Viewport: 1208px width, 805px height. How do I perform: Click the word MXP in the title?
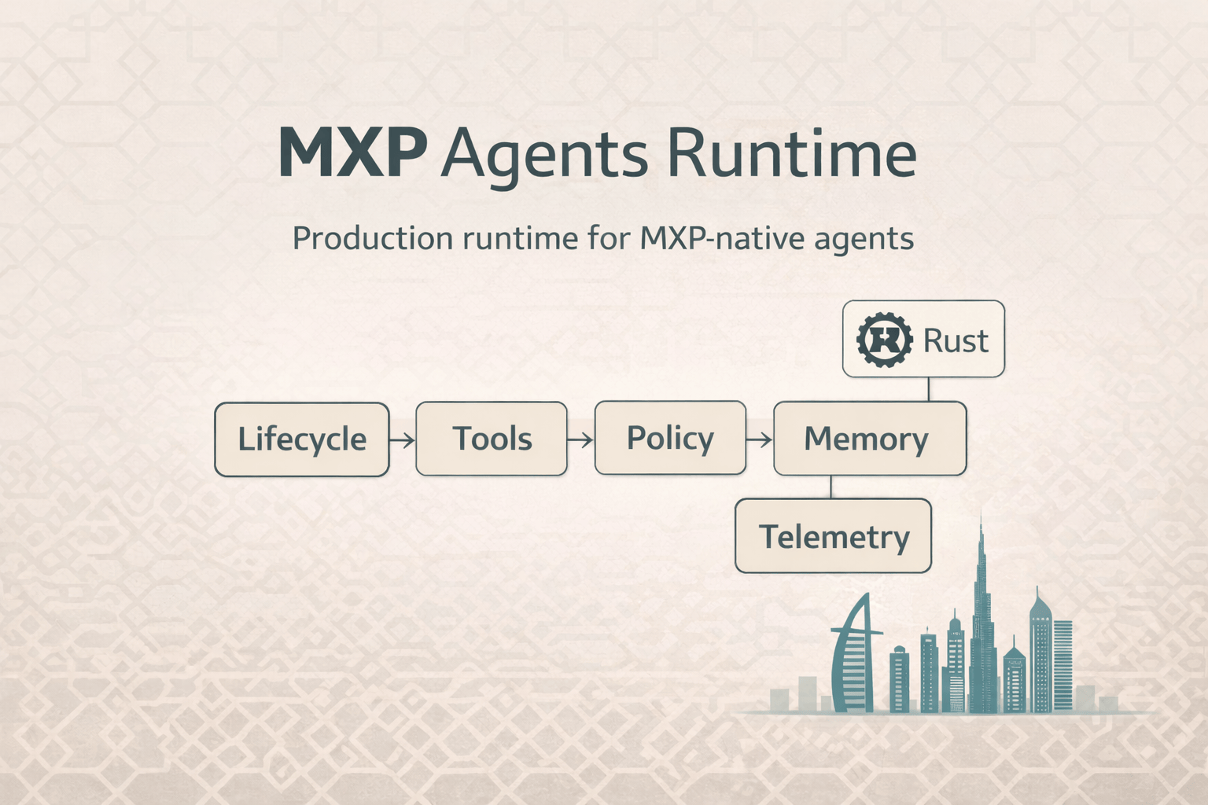click(352, 153)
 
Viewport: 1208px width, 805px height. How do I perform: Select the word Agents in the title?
click(544, 155)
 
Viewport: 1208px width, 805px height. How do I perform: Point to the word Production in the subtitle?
click(372, 238)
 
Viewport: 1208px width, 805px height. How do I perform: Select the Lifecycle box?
click(302, 439)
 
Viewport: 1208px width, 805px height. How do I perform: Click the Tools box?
click(492, 439)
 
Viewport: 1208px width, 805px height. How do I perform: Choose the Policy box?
click(670, 438)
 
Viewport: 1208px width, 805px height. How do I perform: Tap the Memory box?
click(869, 439)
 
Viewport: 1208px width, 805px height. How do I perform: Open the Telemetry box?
click(833, 536)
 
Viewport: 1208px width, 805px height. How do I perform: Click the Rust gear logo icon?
click(884, 340)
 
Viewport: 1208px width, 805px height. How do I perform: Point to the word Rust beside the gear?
click(955, 340)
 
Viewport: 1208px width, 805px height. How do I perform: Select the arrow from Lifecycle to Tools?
click(402, 439)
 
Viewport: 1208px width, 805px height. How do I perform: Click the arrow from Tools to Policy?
click(580, 439)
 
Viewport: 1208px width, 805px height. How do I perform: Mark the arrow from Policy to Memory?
click(759, 439)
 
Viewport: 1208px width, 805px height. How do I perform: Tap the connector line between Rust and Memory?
click(929, 389)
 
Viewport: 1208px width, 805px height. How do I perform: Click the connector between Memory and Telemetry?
click(831, 487)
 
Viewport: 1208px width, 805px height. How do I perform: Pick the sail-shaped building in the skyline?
click(853, 656)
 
